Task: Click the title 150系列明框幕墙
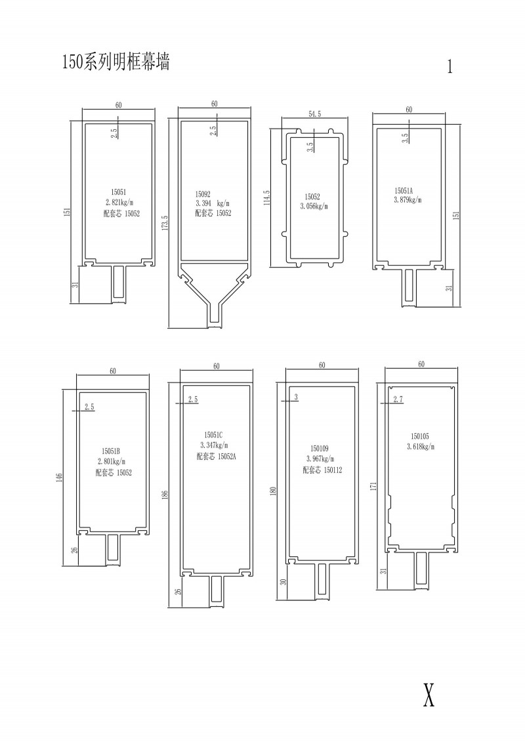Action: pos(116,62)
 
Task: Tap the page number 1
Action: pos(450,67)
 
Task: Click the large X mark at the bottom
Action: pos(429,695)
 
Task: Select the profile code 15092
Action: pos(203,194)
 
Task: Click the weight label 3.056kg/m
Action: pos(314,206)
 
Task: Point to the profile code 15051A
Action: pos(404,191)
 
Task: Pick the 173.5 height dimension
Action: pos(164,223)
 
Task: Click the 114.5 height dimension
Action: pos(266,198)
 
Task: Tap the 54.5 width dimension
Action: pos(315,113)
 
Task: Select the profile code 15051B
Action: pos(111,451)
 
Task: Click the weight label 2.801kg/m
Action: pos(112,461)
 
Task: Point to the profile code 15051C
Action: pos(213,435)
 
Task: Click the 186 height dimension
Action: pos(165,495)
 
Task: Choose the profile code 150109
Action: pos(320,448)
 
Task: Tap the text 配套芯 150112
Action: pos(322,470)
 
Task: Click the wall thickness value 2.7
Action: pos(398,400)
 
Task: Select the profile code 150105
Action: pos(420,436)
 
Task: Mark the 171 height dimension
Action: pos(373,486)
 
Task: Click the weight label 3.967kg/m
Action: pos(320,459)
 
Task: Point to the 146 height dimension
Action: pos(58,477)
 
